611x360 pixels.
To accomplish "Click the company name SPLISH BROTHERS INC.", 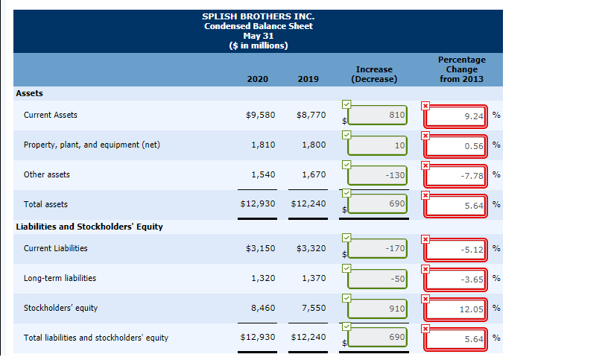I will tap(258, 16).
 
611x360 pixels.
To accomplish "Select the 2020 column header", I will tap(258, 79).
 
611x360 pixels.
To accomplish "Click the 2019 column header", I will tap(308, 79).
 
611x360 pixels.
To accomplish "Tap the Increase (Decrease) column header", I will tap(374, 74).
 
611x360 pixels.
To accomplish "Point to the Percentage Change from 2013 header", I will tap(461, 69).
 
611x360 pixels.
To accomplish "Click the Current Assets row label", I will tap(51, 115).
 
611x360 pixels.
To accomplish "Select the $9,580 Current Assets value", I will tap(260, 115).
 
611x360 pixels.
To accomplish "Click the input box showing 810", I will tap(378, 116).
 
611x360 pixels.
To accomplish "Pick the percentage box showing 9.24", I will tap(455, 116).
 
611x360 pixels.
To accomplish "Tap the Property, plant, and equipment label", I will tap(92, 145).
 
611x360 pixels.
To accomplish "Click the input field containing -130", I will tap(378, 175).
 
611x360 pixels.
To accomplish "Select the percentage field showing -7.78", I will tap(455, 176).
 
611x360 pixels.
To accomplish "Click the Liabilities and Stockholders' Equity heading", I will tap(89, 227).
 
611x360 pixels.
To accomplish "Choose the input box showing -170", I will tap(378, 248).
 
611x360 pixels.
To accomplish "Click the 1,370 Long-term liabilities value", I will tap(314, 278).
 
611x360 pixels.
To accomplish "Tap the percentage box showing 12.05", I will tap(455, 309).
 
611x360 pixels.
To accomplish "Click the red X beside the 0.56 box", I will tap(425, 135).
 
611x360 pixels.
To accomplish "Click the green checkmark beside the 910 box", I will tap(346, 297).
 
